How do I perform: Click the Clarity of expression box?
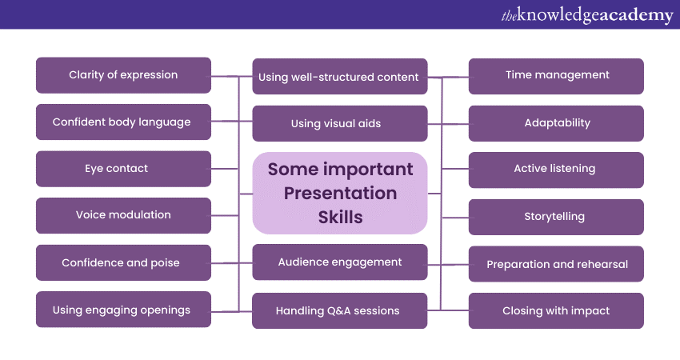pos(123,75)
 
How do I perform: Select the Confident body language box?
pos(123,122)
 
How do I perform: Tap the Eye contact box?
pos(123,169)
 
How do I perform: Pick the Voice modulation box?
pos(123,215)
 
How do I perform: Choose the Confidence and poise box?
pos(123,262)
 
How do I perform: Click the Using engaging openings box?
pos(123,310)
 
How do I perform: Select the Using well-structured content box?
pos(339,77)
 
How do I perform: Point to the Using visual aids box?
pos(339,124)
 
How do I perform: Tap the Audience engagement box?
pos(339,262)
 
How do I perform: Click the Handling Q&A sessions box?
pos(339,310)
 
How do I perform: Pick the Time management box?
pos(556,75)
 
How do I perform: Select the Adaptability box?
pos(556,123)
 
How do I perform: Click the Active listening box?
pos(556,170)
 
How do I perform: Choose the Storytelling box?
pos(556,217)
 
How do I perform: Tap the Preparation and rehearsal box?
pos(556,264)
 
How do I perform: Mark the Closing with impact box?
pos(556,310)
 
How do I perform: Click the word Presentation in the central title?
pos(340,193)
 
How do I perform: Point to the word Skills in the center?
pos(340,217)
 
